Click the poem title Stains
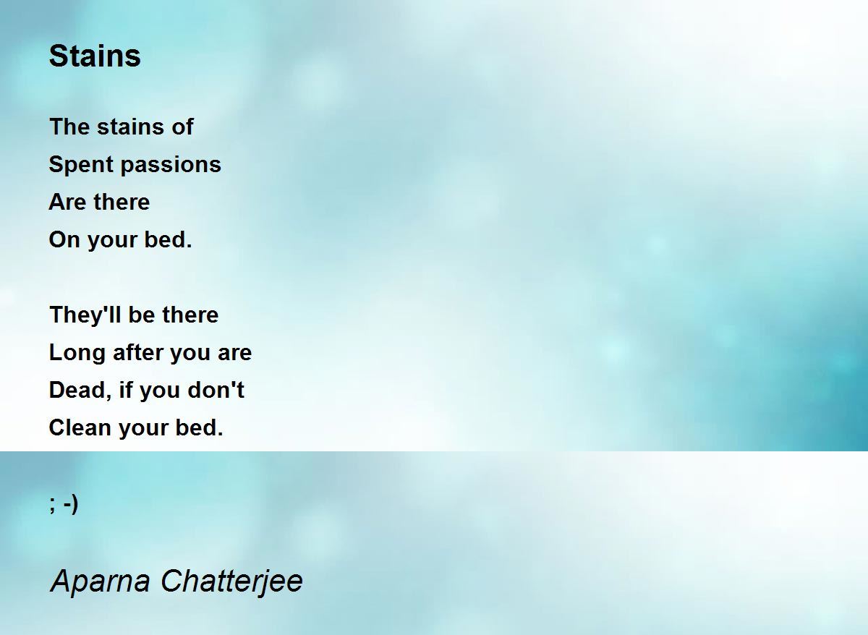coord(95,56)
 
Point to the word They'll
coord(85,315)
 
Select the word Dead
coord(80,391)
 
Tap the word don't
coord(216,390)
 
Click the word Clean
coord(80,427)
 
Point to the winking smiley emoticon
coord(64,504)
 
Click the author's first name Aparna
coord(100,582)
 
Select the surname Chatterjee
coord(231,582)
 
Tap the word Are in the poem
coord(67,203)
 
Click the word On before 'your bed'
coord(64,240)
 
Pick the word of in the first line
coord(182,127)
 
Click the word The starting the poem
coord(69,127)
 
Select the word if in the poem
coord(126,390)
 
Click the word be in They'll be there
coord(142,315)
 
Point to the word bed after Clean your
coord(199,427)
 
